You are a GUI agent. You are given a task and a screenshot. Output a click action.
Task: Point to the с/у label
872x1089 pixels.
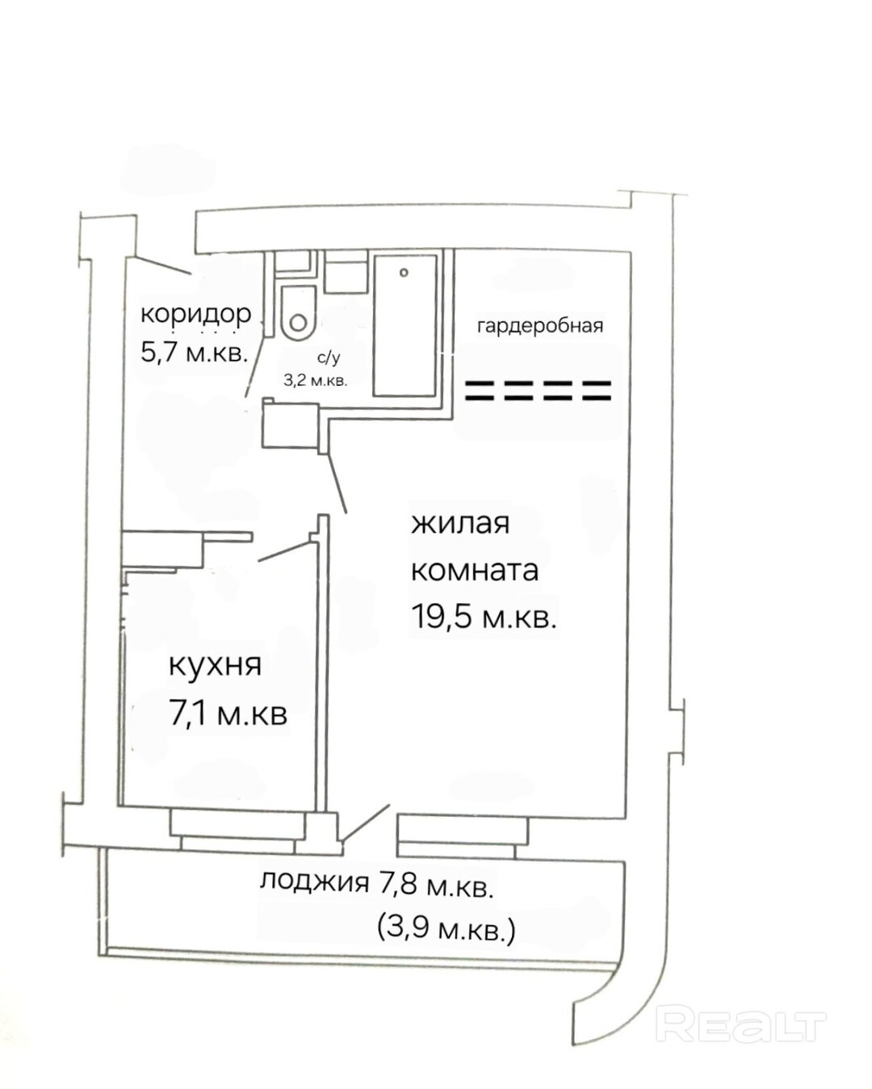(329, 358)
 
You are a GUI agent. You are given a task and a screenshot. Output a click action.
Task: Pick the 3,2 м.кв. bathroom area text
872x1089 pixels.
(316, 380)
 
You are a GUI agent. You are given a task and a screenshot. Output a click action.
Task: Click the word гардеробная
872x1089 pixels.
(540, 326)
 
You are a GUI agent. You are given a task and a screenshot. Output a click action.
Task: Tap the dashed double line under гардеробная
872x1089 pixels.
(538, 391)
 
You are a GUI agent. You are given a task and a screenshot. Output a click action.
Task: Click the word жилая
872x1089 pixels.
(460, 524)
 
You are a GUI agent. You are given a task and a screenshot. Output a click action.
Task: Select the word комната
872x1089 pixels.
(474, 571)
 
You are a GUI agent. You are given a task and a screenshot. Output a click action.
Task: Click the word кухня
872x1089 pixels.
(215, 667)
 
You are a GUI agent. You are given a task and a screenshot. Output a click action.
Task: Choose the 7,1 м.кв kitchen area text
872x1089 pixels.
(228, 714)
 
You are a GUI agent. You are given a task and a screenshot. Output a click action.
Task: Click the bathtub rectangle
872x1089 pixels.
(405, 325)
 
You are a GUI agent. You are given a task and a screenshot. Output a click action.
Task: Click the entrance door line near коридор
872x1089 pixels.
(158, 266)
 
